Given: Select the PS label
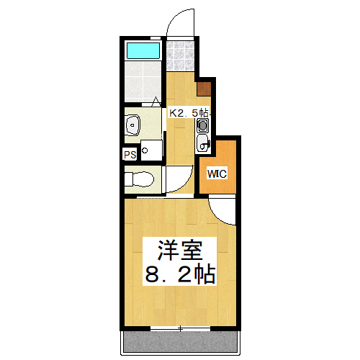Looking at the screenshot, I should [130, 154].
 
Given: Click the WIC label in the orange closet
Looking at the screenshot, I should [217, 174].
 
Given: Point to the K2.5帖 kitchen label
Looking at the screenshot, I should [189, 113].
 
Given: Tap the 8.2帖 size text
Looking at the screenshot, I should [180, 274].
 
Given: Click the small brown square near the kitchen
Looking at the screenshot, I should [204, 89].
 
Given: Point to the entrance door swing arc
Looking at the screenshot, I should [181, 22].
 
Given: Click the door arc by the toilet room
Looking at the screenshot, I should [177, 180].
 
